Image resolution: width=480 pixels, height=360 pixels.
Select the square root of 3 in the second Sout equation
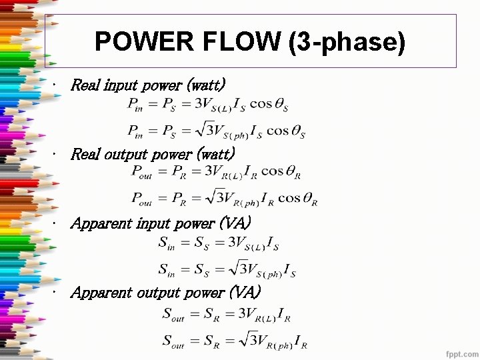coord(237,341)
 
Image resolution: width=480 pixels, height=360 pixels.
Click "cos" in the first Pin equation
coord(261,105)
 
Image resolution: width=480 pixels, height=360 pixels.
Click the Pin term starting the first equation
coord(136,105)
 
